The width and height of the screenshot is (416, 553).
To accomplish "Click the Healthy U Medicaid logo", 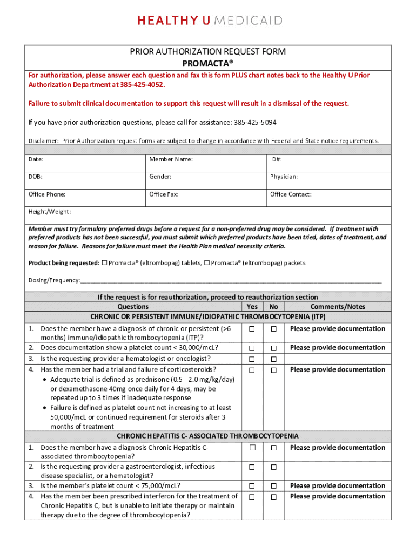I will (210, 21).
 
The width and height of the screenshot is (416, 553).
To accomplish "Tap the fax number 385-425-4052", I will (139, 85).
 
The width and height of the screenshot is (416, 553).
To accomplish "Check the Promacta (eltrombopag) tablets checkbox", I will (105, 263).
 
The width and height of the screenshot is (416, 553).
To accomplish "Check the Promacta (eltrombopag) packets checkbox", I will (207, 263).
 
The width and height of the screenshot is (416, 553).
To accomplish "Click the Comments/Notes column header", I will (338, 306).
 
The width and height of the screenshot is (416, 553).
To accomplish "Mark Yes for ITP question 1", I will (252, 329).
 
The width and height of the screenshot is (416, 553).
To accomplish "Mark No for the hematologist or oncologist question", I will (274, 359).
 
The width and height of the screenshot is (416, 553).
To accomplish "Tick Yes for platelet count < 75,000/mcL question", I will (252, 486).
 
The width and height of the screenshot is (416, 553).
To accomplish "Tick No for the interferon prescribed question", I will (274, 496).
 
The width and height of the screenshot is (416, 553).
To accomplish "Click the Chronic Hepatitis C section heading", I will (208, 436).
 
